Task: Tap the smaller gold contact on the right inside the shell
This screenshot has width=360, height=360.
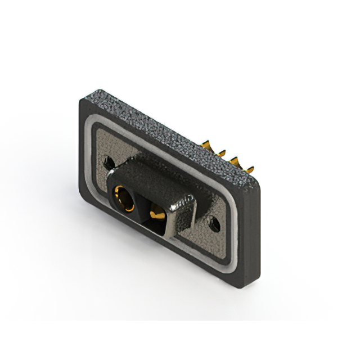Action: (157, 214)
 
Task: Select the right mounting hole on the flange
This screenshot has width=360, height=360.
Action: (214, 224)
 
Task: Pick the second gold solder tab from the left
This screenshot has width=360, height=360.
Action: (220, 152)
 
